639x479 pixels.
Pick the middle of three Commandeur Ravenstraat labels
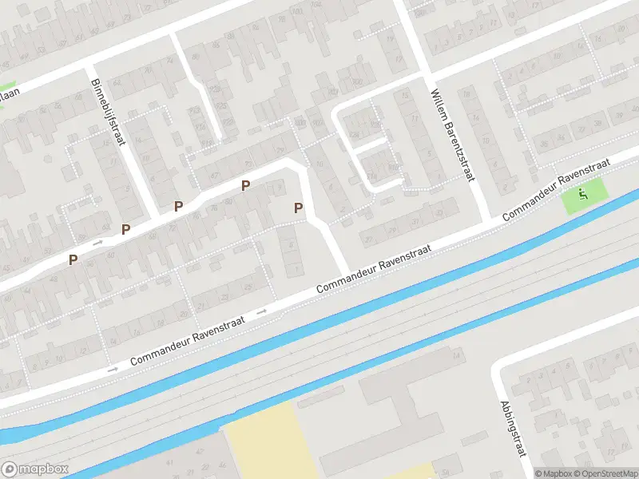pyautogui.click(x=374, y=267)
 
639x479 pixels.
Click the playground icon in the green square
pyautogui.click(x=584, y=192)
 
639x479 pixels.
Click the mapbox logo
pyautogui.click(x=34, y=469)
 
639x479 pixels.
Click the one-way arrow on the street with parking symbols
pyautogui.click(x=98, y=241)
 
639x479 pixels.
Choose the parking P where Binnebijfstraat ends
pyautogui.click(x=178, y=207)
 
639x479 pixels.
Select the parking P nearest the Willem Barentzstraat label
pyautogui.click(x=298, y=208)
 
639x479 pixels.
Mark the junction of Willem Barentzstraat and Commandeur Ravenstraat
pyautogui.click(x=486, y=224)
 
